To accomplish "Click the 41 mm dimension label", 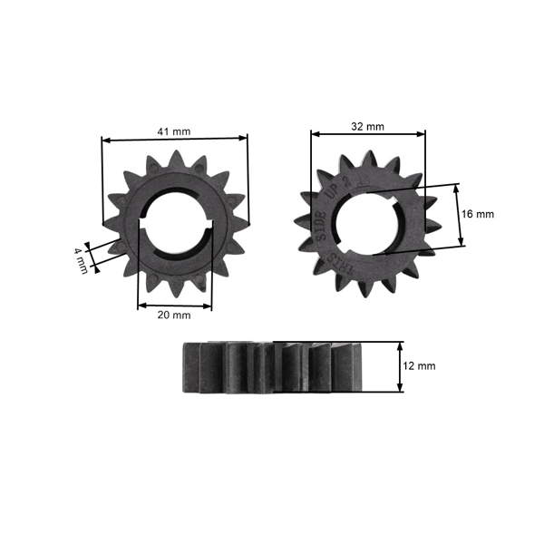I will [174, 131].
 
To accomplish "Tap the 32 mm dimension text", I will [368, 126].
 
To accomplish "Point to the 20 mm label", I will [174, 316].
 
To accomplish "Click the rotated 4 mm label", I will [82, 260].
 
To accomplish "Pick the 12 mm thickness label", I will [420, 366].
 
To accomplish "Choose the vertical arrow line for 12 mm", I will [400, 366].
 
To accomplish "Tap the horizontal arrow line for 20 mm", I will [174, 306].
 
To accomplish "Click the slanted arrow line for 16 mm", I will [459, 214].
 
